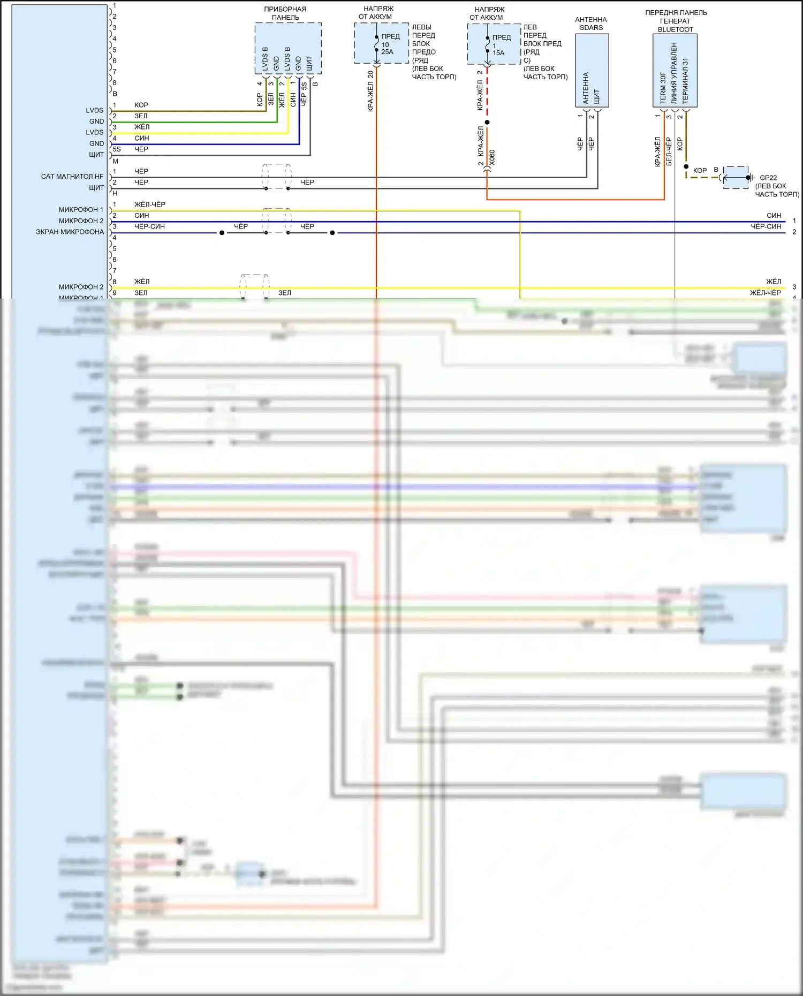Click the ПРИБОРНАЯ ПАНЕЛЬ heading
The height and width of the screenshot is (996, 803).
pos(285,13)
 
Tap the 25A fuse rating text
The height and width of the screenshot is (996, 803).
pos(387,52)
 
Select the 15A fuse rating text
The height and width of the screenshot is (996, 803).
pos(498,53)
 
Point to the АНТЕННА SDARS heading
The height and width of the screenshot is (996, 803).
pos(591,24)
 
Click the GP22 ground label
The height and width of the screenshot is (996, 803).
pos(768,178)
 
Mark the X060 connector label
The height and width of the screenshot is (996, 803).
pos(492,157)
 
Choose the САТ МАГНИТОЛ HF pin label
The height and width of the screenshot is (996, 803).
pos(72,177)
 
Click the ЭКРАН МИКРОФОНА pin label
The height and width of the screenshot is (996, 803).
pos(70,232)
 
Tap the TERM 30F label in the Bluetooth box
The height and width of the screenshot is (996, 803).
pos(663,88)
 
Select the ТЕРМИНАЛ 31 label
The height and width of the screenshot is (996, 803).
pos(685,81)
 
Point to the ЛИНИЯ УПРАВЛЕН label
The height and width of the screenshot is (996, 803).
pos(674,73)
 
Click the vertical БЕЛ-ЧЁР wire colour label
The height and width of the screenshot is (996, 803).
pos(669,151)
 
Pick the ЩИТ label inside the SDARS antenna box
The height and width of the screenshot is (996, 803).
pos(597,97)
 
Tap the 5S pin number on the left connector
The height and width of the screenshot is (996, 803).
pos(116,149)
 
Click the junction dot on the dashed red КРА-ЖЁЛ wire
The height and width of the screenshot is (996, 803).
pos(487,123)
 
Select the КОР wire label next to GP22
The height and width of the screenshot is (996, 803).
pos(700,171)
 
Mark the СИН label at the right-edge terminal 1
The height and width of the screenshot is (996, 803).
pos(774,216)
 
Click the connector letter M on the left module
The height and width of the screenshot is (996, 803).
pos(115,161)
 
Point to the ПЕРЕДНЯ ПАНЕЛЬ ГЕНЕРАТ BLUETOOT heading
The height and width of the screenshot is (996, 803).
pos(676,21)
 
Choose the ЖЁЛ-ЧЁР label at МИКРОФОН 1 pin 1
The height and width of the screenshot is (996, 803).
pos(150,204)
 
